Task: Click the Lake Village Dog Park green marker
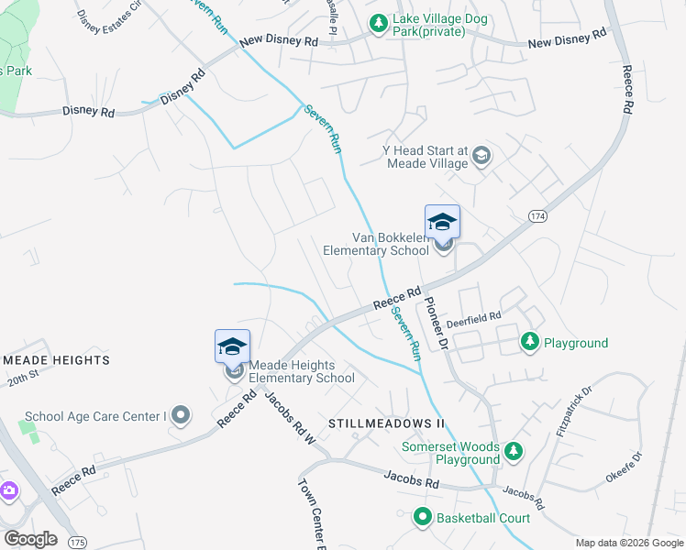coord(377,23)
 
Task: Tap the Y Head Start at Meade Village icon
coord(481,156)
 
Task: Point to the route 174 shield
coord(537,215)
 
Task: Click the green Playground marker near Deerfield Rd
coord(529,342)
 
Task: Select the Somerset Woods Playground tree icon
coord(514,451)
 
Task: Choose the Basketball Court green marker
coord(423,517)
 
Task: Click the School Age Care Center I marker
coord(181,415)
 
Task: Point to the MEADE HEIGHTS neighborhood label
coord(55,360)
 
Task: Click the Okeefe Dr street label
coord(625,468)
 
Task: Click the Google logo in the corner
coord(30,538)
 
